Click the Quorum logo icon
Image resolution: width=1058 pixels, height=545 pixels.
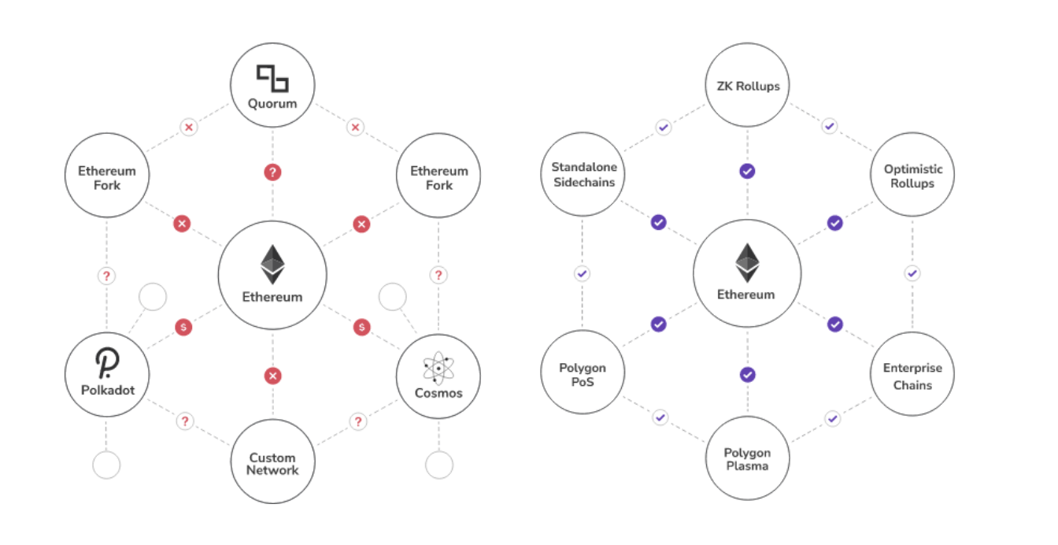pos(272,78)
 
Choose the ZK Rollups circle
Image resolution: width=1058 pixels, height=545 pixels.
pos(747,86)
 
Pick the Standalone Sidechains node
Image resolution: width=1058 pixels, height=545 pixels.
pos(583,174)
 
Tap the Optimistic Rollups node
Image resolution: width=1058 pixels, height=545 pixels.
pos(912,175)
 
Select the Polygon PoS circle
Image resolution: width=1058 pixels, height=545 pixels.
pos(583,374)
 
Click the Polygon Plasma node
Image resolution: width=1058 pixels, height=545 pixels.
pos(747,458)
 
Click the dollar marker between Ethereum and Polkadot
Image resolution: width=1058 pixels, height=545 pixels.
pos(183,326)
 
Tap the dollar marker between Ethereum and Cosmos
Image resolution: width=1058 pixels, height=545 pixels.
pos(361,326)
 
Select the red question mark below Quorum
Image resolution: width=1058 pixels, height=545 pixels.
pos(272,172)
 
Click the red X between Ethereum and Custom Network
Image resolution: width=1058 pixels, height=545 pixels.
pos(272,376)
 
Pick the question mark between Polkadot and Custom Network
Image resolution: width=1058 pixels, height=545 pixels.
pos(184,421)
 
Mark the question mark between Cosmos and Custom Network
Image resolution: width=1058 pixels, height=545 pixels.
pos(358,421)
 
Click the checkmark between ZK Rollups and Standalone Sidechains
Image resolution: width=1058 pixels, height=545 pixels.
pos(664,126)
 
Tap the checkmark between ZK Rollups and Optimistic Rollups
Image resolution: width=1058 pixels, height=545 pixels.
pos(829,126)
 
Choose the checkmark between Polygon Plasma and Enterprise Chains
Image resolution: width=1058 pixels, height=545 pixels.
pos(833,418)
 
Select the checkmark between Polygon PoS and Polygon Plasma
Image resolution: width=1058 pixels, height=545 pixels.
pos(660,417)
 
